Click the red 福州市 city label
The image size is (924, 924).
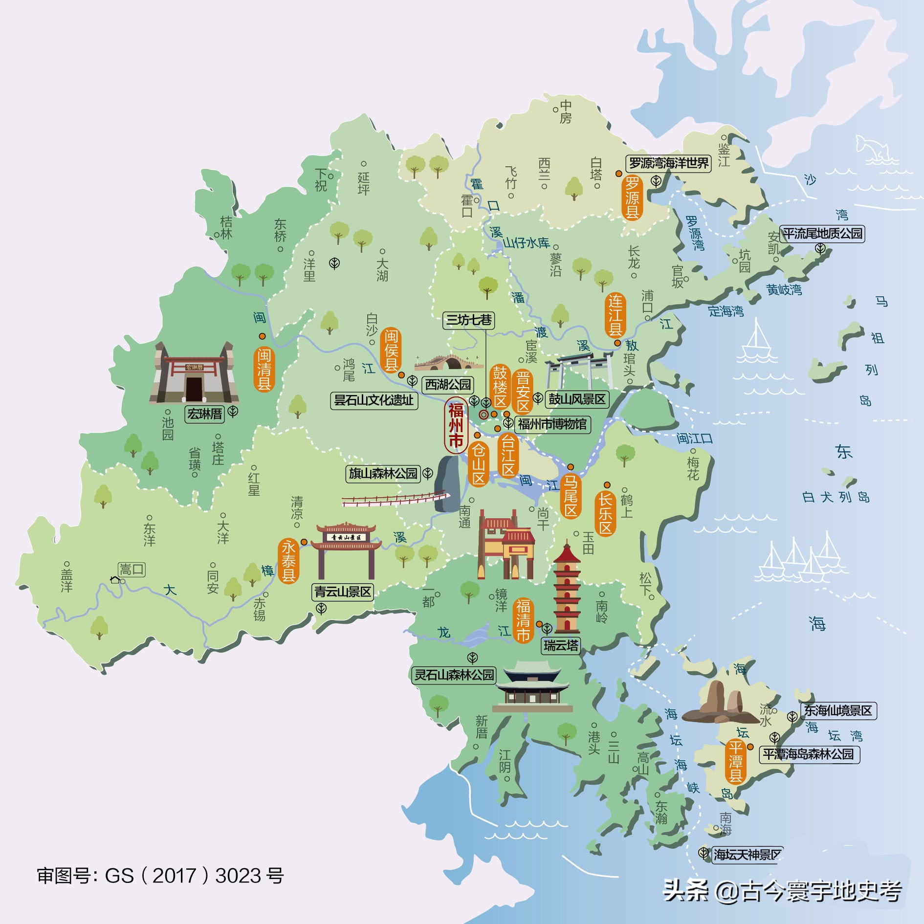tap(456, 425)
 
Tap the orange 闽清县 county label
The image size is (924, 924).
tap(264, 369)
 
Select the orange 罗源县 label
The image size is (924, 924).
tap(632, 198)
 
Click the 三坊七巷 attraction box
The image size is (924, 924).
tap(469, 320)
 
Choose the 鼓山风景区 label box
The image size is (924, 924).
tap(577, 399)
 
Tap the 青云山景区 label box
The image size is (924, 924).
tap(343, 592)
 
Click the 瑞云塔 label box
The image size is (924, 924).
tap(561, 646)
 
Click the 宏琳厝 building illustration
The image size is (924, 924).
tap(194, 374)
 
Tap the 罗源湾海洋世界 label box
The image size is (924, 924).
tap(668, 163)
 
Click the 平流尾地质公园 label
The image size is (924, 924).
tap(822, 233)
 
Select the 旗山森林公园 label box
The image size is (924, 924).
tap(383, 473)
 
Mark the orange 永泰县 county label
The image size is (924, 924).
tap(288, 561)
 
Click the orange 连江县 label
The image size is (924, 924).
tap(615, 315)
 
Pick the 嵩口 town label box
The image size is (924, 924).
tap(132, 570)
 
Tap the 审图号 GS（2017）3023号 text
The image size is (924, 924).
tap(160, 876)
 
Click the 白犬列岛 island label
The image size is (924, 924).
tap(836, 497)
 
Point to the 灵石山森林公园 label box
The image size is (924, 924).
tap(454, 675)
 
